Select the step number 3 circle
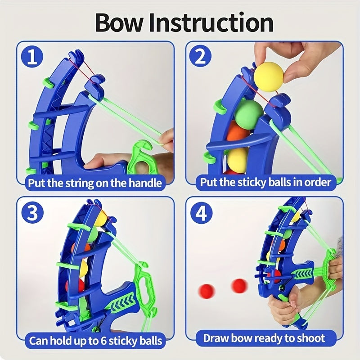[x=32, y=213]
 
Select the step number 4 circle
[x=201, y=213]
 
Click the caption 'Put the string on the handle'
[x=95, y=183]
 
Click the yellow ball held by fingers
[x=270, y=77]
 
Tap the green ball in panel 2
[x=249, y=113]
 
